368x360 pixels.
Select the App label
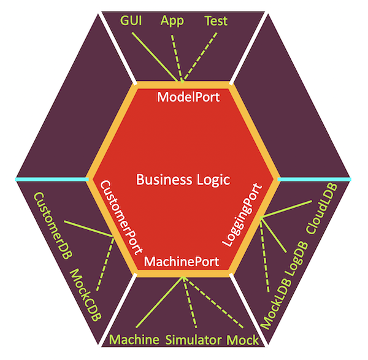172,21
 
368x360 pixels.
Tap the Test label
215,21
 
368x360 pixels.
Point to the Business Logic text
183,180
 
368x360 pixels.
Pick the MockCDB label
85,297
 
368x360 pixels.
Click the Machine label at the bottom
135,340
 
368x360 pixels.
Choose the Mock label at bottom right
243,340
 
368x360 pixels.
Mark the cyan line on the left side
52,179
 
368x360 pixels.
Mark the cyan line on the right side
314,179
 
